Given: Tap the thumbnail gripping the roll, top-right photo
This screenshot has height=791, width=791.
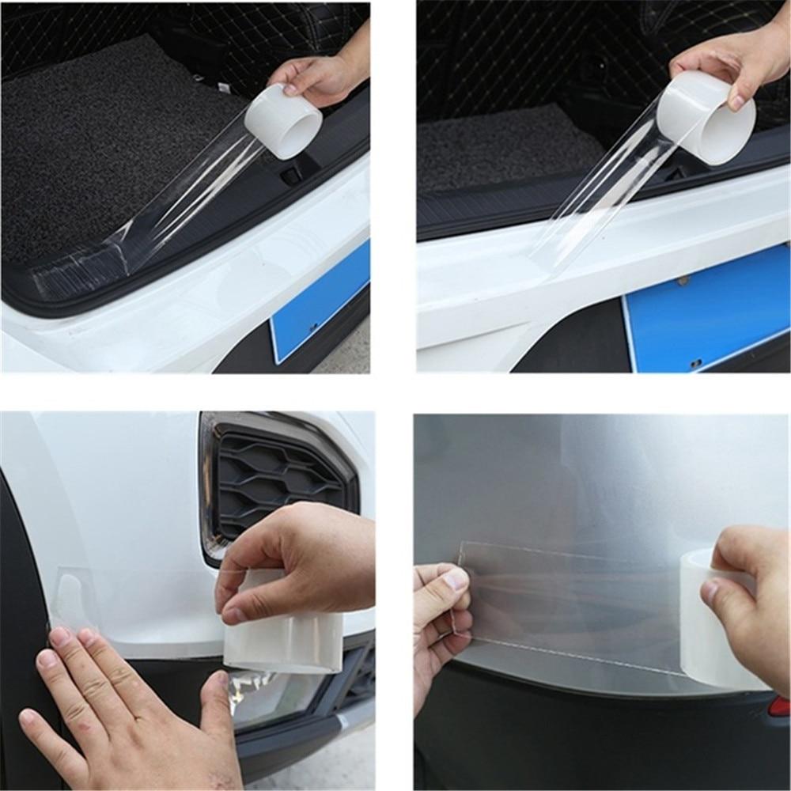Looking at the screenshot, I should [x=737, y=100].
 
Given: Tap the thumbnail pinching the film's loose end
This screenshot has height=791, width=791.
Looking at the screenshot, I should [x=456, y=580].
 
